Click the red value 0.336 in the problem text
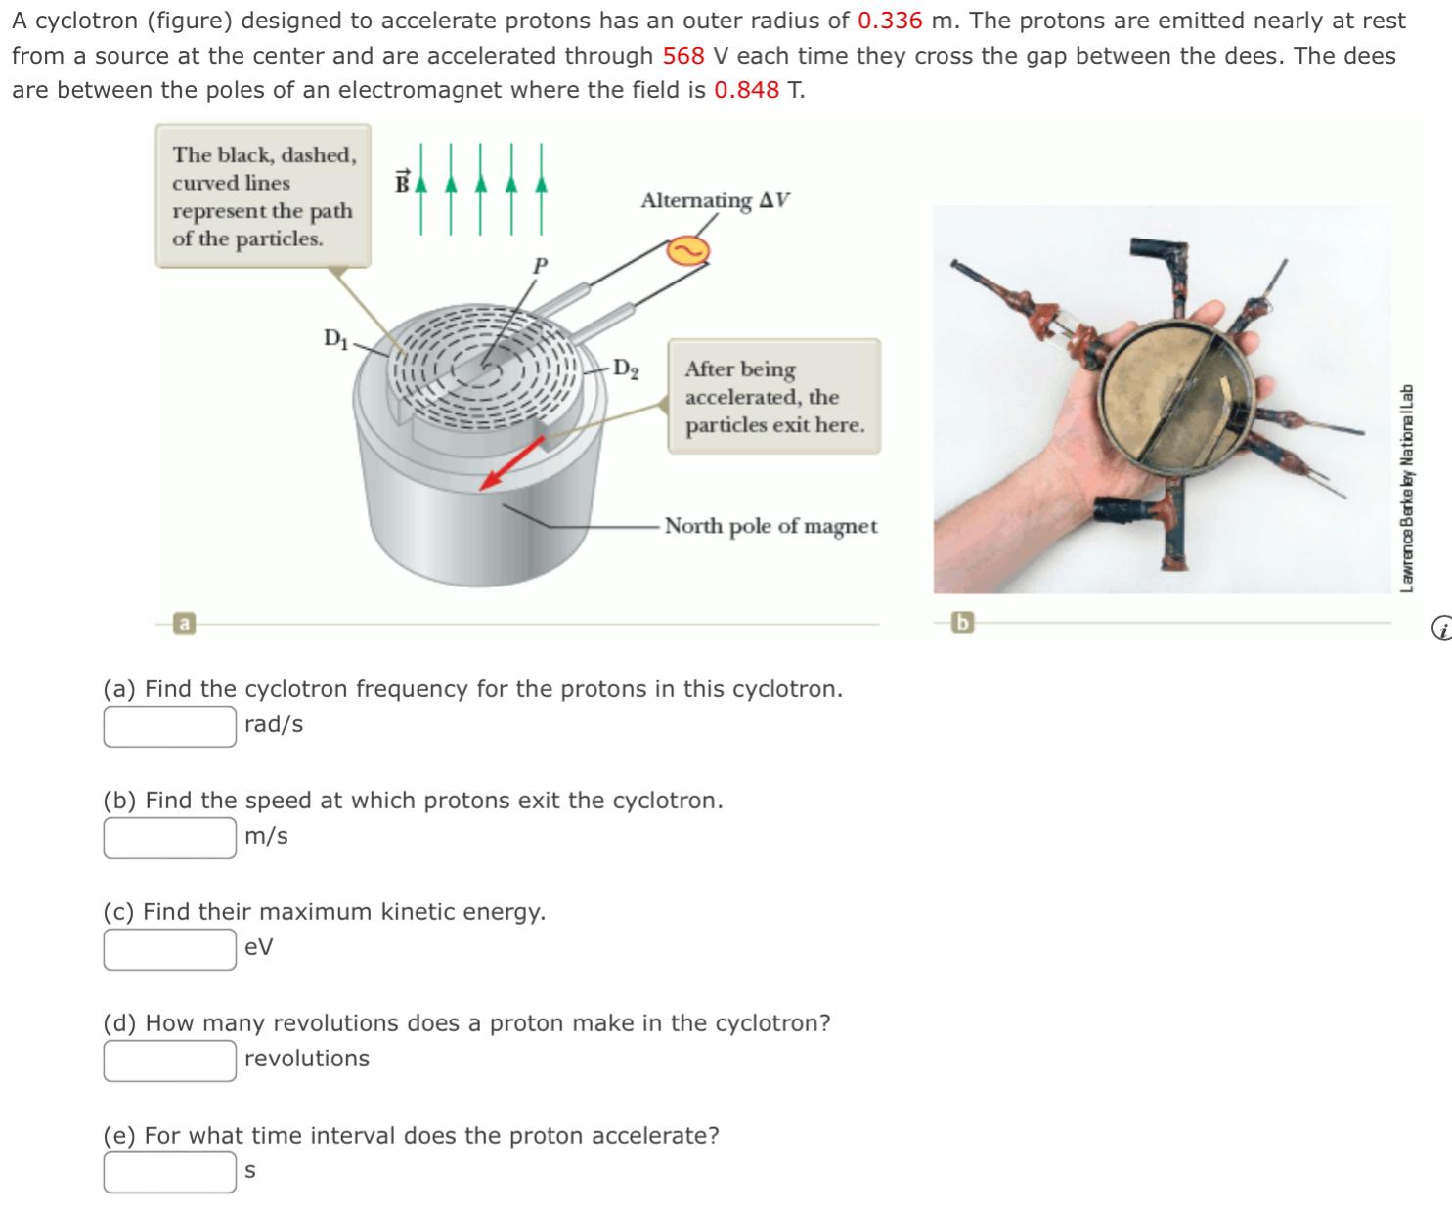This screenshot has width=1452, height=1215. click(x=889, y=21)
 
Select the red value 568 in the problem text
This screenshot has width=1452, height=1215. click(x=682, y=56)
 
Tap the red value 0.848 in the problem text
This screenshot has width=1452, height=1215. click(x=746, y=90)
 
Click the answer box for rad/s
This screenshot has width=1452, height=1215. click(x=170, y=726)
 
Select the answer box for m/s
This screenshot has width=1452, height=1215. click(x=170, y=838)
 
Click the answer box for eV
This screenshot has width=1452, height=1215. click(x=170, y=949)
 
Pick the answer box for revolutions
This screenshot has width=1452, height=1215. click(x=170, y=1061)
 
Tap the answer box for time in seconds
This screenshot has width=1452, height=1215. click(x=170, y=1172)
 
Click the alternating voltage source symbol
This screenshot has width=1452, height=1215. click(x=687, y=251)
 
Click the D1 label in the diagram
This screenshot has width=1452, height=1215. click(x=335, y=338)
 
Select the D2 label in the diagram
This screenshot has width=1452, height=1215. click(x=626, y=369)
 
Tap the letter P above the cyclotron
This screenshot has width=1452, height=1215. click(x=540, y=265)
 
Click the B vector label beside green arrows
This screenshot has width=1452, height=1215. click(x=402, y=182)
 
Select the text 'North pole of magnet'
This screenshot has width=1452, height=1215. click(x=770, y=526)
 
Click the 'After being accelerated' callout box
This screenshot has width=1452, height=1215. click(x=773, y=396)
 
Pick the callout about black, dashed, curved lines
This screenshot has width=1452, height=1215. click(x=263, y=195)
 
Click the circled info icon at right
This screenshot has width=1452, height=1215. click(x=1441, y=629)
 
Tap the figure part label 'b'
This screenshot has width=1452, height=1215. click(x=962, y=622)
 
